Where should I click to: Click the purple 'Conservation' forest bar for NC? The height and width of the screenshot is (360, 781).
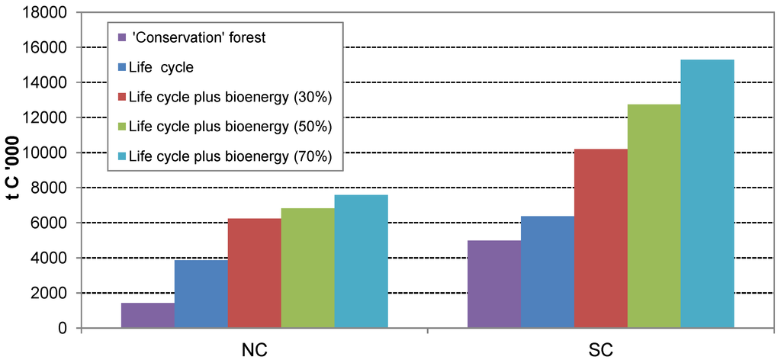pyautogui.click(x=148, y=315)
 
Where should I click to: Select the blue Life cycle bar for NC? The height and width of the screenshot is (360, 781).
pyautogui.click(x=201, y=294)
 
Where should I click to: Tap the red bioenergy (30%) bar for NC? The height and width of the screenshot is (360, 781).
pyautogui.click(x=255, y=273)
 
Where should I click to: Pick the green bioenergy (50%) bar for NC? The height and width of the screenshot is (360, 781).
pyautogui.click(x=308, y=268)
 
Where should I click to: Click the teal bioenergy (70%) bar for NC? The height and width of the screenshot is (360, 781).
pyautogui.click(x=361, y=261)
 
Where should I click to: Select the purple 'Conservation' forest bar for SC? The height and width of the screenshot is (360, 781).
pyautogui.click(x=493, y=284)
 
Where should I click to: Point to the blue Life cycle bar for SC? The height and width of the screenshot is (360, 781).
pyautogui.click(x=547, y=272)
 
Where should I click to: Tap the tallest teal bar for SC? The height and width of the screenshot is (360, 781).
pyautogui.click(x=707, y=194)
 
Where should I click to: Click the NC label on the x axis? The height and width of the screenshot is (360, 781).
pyautogui.click(x=254, y=349)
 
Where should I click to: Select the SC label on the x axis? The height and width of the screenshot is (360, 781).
pyautogui.click(x=600, y=349)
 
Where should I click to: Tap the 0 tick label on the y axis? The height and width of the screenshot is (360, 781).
pyautogui.click(x=64, y=329)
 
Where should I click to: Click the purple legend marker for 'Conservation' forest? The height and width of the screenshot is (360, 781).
pyautogui.click(x=121, y=37)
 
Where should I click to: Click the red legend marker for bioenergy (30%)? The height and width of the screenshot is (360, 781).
pyautogui.click(x=121, y=97)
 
